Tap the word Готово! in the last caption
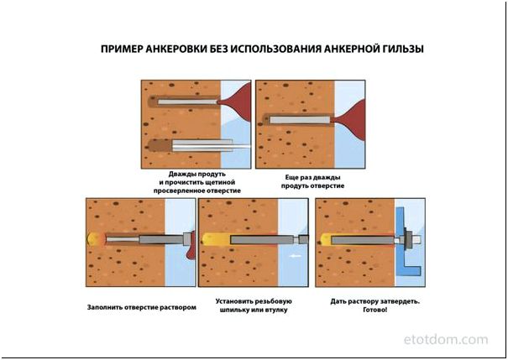375,310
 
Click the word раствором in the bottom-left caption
176,306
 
